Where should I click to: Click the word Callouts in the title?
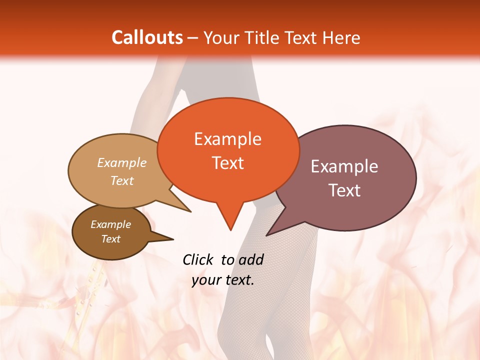(147, 37)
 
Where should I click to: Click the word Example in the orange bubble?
(227, 139)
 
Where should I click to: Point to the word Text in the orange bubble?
(227, 162)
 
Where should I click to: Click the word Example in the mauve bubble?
(344, 166)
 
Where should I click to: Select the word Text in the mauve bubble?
(344, 190)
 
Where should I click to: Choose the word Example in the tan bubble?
(122, 162)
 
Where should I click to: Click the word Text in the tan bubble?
(122, 180)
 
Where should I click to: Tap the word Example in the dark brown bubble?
(110, 224)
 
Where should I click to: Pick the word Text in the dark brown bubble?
(110, 239)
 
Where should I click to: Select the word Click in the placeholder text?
(199, 259)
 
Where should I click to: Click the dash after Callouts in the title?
(193, 38)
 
